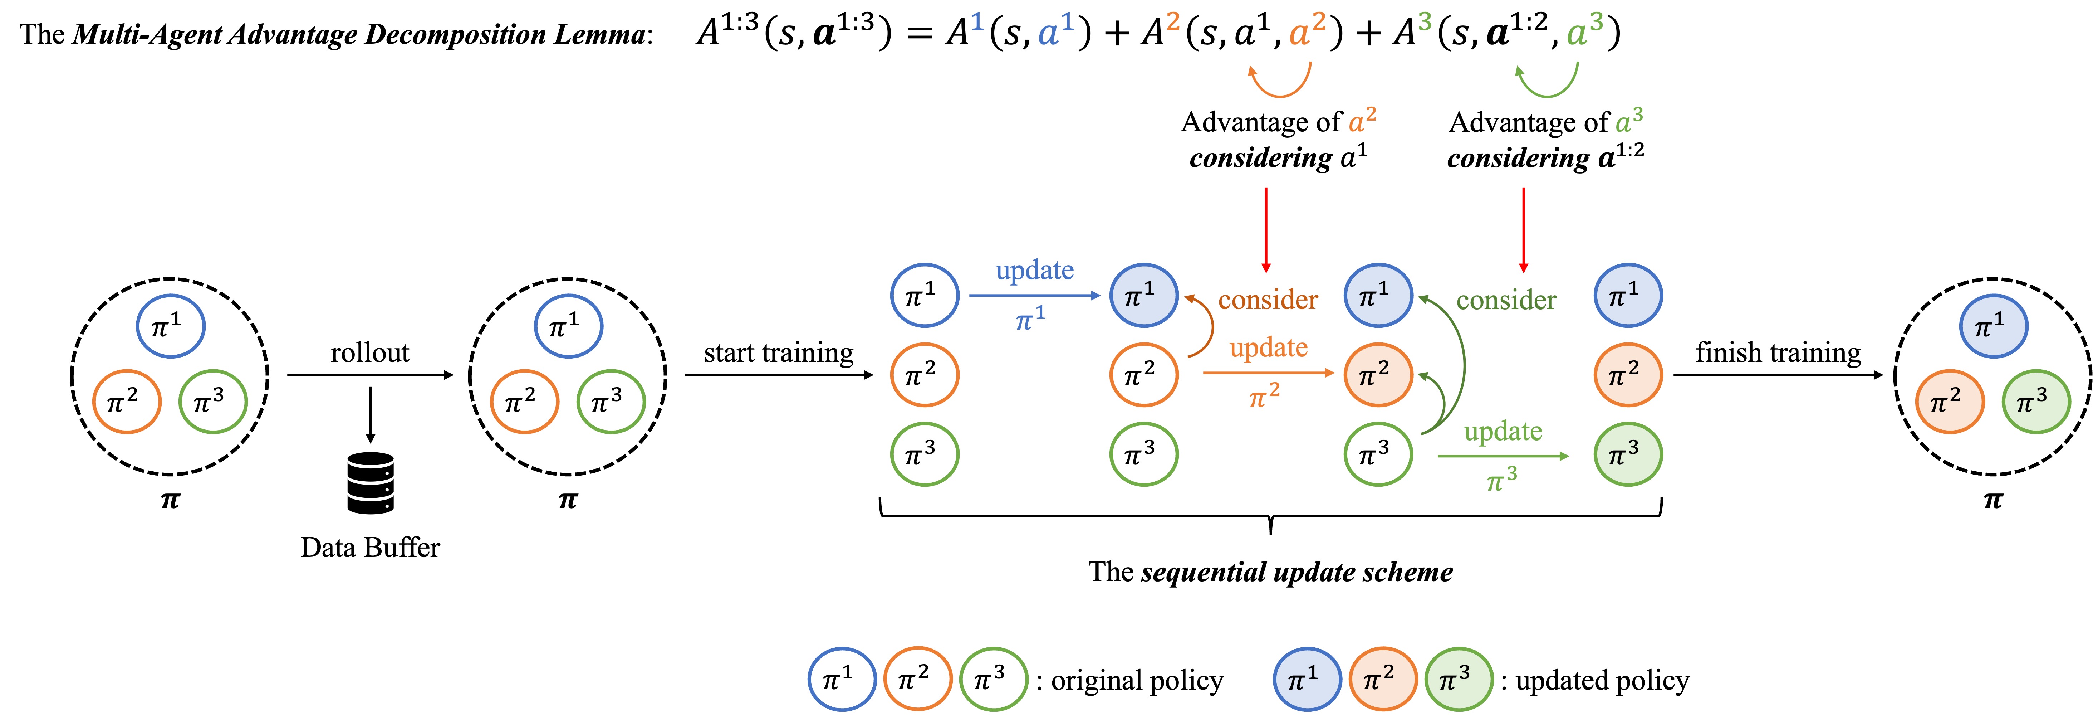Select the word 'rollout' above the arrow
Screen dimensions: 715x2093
pos(370,352)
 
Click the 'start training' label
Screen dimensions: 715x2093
pos(778,352)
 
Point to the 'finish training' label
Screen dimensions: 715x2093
pos(1778,352)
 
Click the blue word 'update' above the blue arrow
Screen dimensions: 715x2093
pos(1034,270)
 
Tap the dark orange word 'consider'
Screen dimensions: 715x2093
pos(1268,300)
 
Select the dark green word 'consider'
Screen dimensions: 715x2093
pos(1506,300)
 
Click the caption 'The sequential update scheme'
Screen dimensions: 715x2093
pos(1270,572)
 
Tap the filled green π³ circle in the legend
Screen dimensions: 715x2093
pos(1459,679)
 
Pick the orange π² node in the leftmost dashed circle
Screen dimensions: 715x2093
pos(127,402)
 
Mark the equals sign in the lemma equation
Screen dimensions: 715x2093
pos(918,34)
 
